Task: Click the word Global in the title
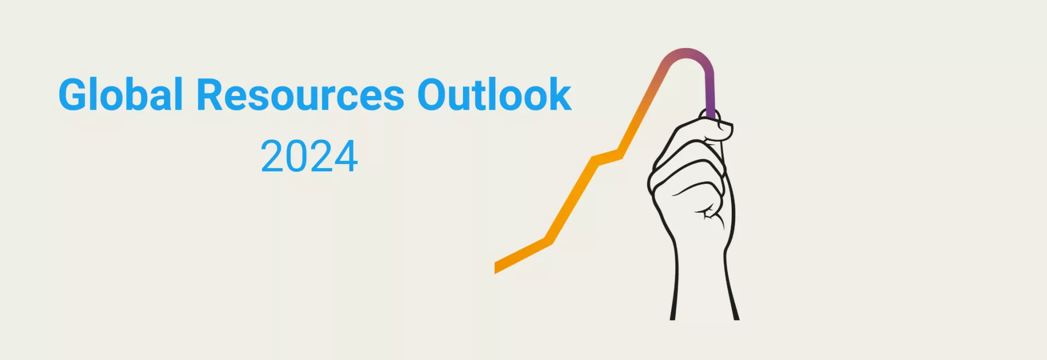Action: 121,94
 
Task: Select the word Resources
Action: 300,95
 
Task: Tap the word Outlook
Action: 495,94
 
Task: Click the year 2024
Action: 309,157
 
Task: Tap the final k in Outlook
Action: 558,94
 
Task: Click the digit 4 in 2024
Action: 346,157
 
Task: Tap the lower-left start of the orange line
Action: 496,268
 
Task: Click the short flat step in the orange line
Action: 607,157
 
